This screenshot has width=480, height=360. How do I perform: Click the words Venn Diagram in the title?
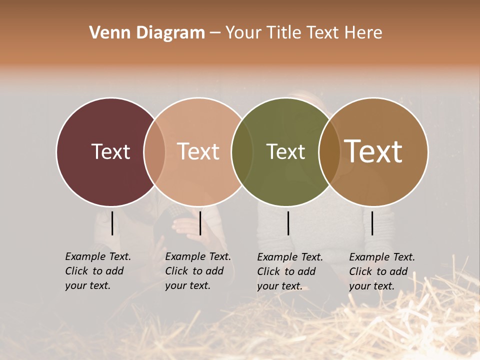click(147, 33)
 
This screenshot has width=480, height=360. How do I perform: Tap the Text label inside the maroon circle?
click(110, 151)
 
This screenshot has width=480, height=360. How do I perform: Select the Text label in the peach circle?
click(198, 151)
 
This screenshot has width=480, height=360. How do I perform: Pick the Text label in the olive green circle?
click(285, 151)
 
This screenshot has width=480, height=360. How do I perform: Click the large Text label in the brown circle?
click(373, 151)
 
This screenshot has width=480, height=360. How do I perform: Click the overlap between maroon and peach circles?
click(154, 151)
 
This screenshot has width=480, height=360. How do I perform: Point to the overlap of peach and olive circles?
click(242, 151)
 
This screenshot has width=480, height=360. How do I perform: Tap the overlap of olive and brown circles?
click(329, 151)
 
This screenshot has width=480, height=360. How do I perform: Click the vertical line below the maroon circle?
click(112, 223)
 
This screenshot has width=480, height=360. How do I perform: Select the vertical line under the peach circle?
click(200, 223)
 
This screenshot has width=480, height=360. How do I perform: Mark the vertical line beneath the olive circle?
click(288, 223)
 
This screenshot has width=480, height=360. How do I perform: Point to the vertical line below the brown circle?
click(372, 223)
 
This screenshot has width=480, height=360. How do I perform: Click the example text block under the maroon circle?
click(98, 271)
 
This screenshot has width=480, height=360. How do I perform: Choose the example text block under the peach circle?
click(198, 271)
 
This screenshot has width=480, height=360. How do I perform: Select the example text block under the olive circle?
click(290, 271)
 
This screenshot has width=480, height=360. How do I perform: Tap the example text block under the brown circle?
click(382, 271)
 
